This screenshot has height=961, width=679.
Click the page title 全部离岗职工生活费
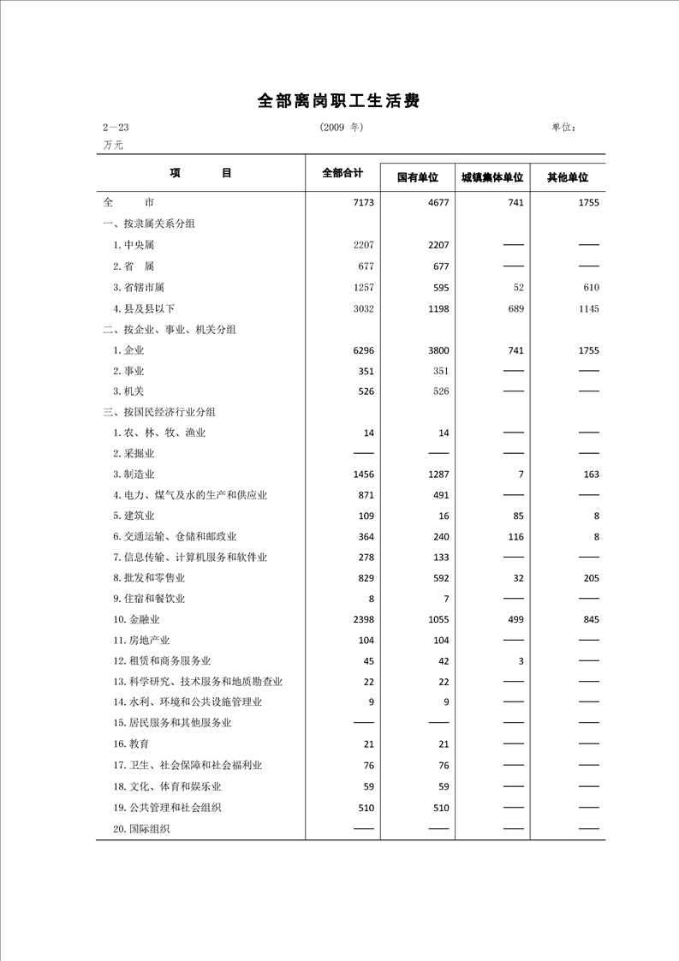click(x=339, y=101)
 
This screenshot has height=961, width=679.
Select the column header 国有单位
click(x=417, y=177)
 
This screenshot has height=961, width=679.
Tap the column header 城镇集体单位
click(x=491, y=177)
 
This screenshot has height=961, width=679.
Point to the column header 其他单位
click(x=567, y=177)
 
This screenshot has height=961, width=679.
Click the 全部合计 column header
click(x=342, y=173)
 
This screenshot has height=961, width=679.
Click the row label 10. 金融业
click(x=142, y=619)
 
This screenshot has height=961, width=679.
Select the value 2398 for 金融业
click(x=363, y=619)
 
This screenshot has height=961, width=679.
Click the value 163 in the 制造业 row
click(x=591, y=475)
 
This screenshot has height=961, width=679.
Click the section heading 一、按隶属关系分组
click(x=149, y=224)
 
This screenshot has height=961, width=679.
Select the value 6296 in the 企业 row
click(x=363, y=350)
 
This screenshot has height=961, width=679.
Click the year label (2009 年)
click(x=342, y=127)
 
